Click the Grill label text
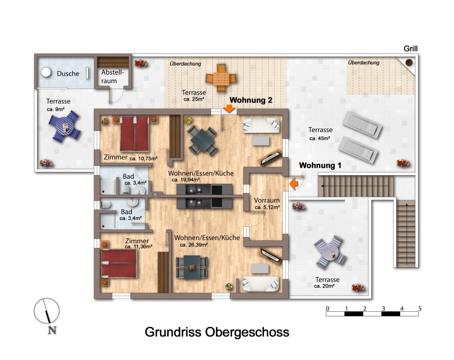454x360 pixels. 410,49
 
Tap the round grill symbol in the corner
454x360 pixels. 409,63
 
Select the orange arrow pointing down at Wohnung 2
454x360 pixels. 229,109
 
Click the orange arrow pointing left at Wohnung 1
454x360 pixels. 293,183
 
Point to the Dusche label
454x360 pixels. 68,74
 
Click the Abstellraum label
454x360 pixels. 112,77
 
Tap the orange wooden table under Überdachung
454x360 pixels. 221,78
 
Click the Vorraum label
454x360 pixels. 267,200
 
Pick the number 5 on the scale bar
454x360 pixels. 420,309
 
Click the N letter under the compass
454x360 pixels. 52,330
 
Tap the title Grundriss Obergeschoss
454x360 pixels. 217,332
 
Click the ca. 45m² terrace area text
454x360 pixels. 320,138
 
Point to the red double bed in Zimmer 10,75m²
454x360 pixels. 134,134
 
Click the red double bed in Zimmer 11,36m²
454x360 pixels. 119,264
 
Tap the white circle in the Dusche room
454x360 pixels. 46,72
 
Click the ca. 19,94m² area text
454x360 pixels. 186,180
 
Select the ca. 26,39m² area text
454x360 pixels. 194,245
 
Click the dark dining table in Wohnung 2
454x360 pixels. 202,141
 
